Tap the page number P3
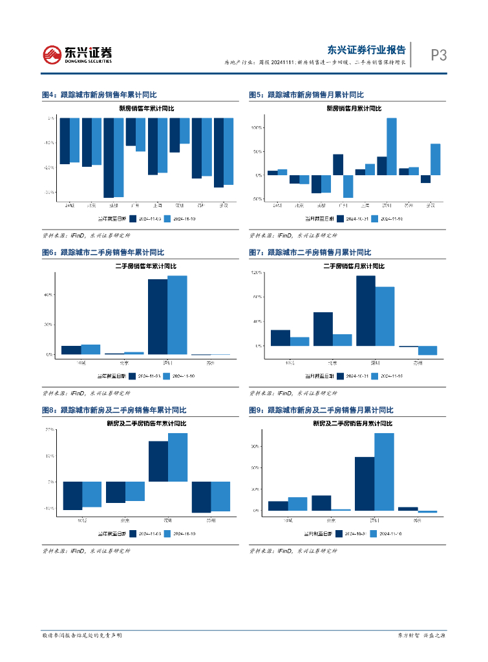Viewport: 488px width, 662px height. [439, 56]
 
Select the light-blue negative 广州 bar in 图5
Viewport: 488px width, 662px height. [348, 186]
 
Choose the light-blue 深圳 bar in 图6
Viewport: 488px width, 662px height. [177, 315]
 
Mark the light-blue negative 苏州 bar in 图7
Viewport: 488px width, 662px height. [428, 350]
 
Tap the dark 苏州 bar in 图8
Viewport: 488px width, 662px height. [202, 497]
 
